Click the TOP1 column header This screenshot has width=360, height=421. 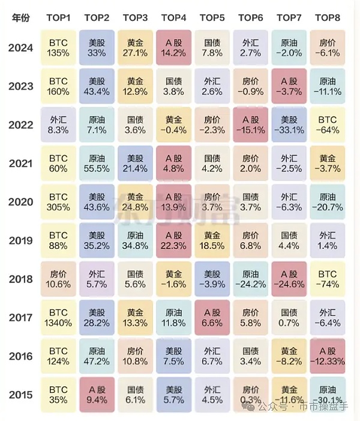pos(58,17)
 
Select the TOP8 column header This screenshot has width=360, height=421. pos(327,17)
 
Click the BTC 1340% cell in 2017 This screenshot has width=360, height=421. pos(58,317)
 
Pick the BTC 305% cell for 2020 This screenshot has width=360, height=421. pos(58,202)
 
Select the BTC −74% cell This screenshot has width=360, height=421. pos(327,279)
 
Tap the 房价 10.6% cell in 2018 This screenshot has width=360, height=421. pos(58,279)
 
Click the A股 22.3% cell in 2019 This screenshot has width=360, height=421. pos(173,240)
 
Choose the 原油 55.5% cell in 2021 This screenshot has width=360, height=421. pos(97,163)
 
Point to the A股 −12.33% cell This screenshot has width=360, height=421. pos(327,356)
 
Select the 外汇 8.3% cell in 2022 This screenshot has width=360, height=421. pos(58,125)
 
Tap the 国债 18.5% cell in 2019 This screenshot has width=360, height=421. pos(212,240)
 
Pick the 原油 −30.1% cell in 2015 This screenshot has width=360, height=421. pos(327,394)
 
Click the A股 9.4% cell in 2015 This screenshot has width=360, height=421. pos(97,394)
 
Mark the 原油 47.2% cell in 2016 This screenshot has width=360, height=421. pos(97,356)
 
